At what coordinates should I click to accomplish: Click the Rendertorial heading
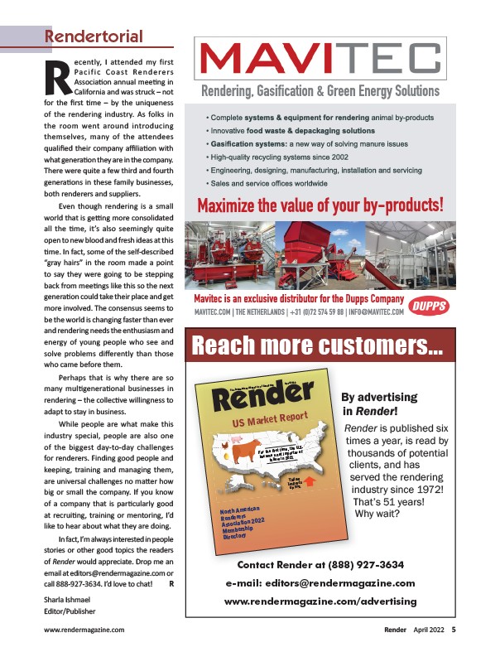pos(93,36)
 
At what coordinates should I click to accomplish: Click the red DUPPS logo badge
pos(428,304)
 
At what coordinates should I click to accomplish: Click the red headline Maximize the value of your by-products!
pos(320,203)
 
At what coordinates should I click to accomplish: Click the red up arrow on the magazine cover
pos(310,479)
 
